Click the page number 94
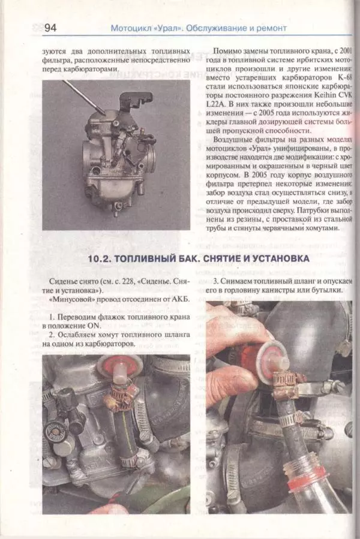(49, 28)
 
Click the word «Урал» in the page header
(171, 28)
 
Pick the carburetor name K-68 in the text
(344, 78)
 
